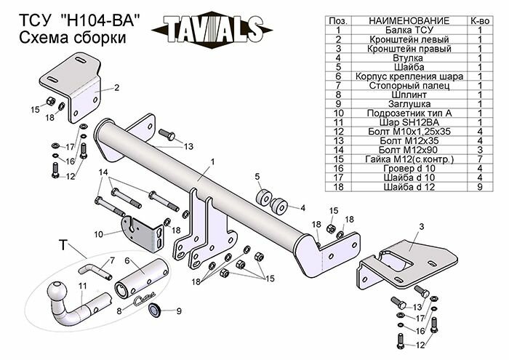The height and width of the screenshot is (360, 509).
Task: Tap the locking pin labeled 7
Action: [x=101, y=271]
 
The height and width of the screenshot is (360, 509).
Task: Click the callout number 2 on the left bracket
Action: [x=116, y=87]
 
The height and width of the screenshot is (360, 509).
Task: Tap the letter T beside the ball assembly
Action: [x=63, y=247]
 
